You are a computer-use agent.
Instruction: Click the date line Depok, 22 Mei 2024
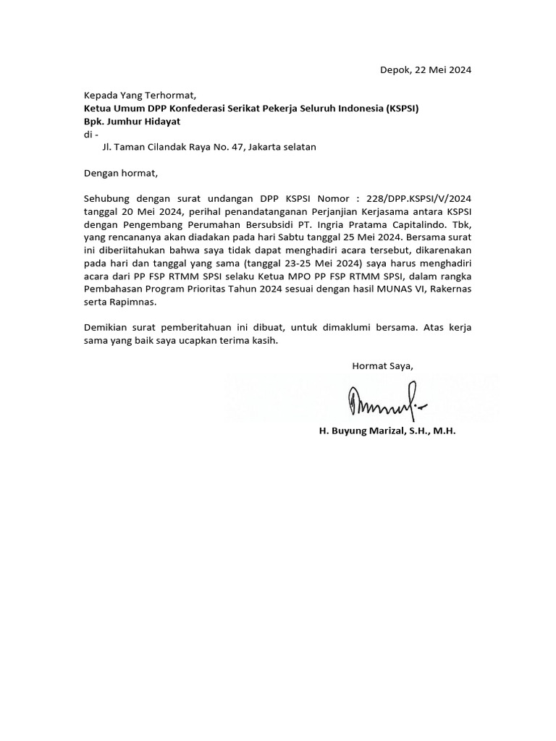426,70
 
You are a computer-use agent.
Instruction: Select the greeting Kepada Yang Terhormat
140,95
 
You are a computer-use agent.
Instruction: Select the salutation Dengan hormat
120,173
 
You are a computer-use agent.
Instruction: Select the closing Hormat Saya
383,365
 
